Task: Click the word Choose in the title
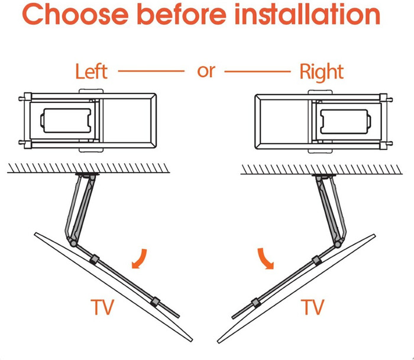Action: click(x=75, y=14)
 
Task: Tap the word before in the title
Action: click(x=182, y=14)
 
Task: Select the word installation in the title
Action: click(x=308, y=14)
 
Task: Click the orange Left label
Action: click(x=91, y=72)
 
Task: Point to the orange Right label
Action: click(x=322, y=72)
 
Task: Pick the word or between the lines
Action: click(x=206, y=72)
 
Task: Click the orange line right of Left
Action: click(x=151, y=71)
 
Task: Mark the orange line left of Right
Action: click(x=257, y=72)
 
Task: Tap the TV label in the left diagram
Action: click(x=102, y=307)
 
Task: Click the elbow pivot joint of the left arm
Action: click(x=72, y=242)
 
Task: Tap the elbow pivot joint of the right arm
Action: click(x=338, y=244)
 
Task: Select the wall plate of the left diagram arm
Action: click(x=87, y=174)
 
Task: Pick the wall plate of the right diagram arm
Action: click(x=324, y=175)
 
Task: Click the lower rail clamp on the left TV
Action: click(x=155, y=301)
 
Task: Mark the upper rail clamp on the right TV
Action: click(x=317, y=261)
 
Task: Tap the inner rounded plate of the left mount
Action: click(x=66, y=121)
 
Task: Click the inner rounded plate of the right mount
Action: click(x=345, y=122)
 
